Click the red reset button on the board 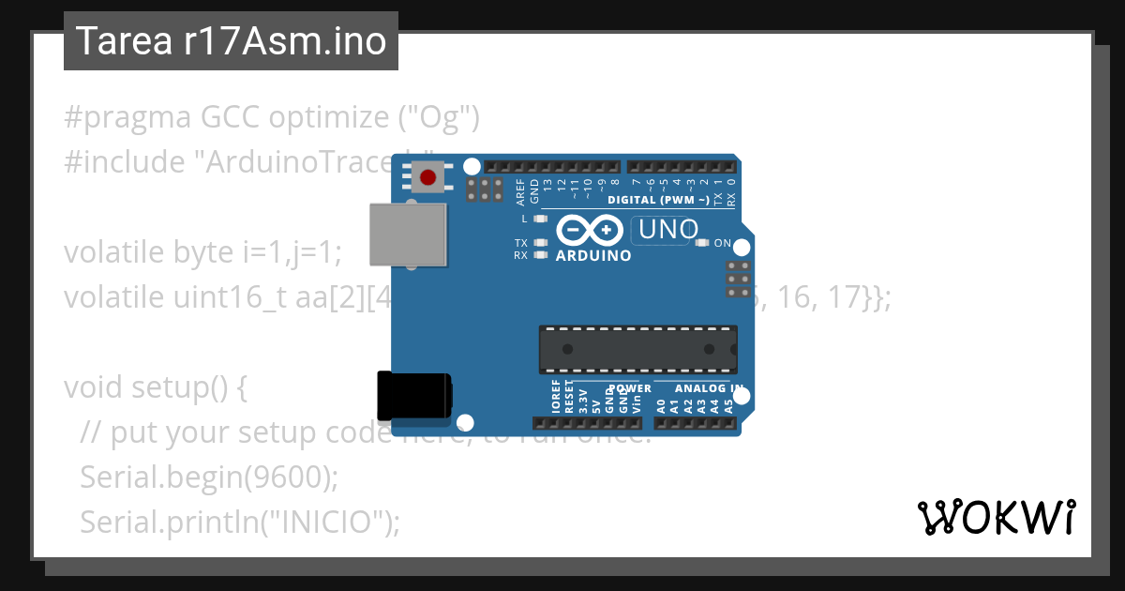pos(428,176)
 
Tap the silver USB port pos(408,235)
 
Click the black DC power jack pos(413,396)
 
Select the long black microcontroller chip pos(637,348)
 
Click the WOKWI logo pos(996,517)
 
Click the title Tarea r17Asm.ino pos(231,41)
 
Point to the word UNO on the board pos(667,229)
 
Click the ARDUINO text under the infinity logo pos(593,255)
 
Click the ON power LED pos(702,243)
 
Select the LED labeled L pos(539,219)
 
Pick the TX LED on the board pos(539,243)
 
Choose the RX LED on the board pos(539,254)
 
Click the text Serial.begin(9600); pos(208,477)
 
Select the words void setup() pos(155,387)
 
